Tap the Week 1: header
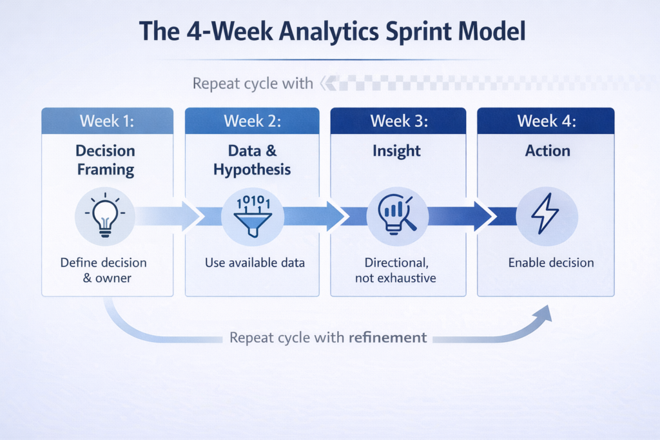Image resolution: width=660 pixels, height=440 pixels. click(107, 121)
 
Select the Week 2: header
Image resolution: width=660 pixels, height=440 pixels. click(252, 121)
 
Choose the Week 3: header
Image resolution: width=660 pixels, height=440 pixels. click(399, 121)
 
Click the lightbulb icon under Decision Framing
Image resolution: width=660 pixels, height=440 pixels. click(105, 215)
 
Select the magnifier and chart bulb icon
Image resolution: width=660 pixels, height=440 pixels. click(397, 215)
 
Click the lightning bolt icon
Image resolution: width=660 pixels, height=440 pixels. click(545, 214)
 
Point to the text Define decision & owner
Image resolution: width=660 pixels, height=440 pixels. click(104, 270)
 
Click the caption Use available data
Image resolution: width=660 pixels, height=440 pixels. click(255, 263)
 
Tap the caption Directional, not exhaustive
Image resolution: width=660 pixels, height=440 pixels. click(396, 270)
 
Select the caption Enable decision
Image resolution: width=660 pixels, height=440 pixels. click(551, 263)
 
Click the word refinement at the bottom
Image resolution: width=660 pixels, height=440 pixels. click(387, 338)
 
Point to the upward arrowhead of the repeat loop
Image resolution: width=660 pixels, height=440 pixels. click(545, 313)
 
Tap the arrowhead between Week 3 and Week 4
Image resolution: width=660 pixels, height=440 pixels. click(483, 216)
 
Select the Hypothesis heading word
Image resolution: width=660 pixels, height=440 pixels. click(252, 169)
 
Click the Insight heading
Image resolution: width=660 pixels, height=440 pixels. click(396, 151)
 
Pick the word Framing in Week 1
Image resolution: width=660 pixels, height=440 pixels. click(106, 169)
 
